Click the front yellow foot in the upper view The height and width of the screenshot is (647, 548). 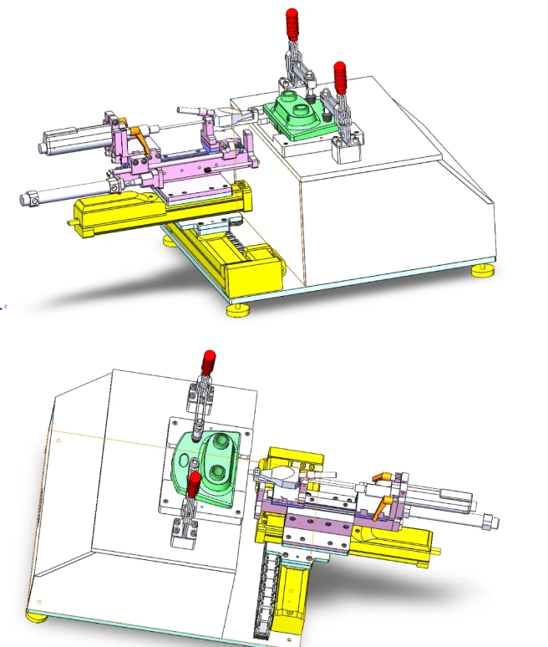tap(236, 308)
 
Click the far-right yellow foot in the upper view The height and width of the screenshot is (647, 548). tap(482, 270)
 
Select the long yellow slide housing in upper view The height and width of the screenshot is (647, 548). tap(159, 209)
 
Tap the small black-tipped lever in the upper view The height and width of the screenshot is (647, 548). tap(191, 110)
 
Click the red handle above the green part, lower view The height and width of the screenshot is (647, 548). tap(207, 364)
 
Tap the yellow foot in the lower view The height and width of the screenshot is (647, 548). tap(36, 617)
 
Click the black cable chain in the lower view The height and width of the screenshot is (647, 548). tap(269, 594)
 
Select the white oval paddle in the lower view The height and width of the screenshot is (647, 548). tap(282, 476)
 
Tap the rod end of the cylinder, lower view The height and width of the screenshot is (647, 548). tap(488, 522)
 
